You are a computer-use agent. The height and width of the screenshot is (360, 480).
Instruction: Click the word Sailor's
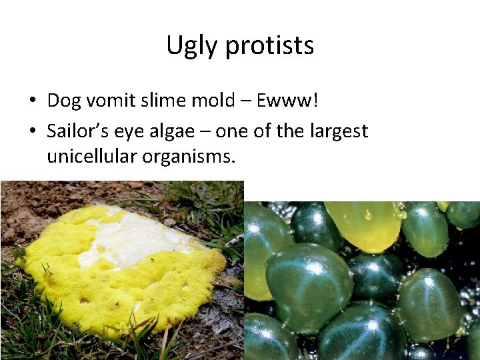[x=75, y=131]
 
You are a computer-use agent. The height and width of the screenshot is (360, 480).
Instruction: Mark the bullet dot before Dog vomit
[x=32, y=101]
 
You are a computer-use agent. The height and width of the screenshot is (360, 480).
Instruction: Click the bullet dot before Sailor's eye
[x=32, y=132]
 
